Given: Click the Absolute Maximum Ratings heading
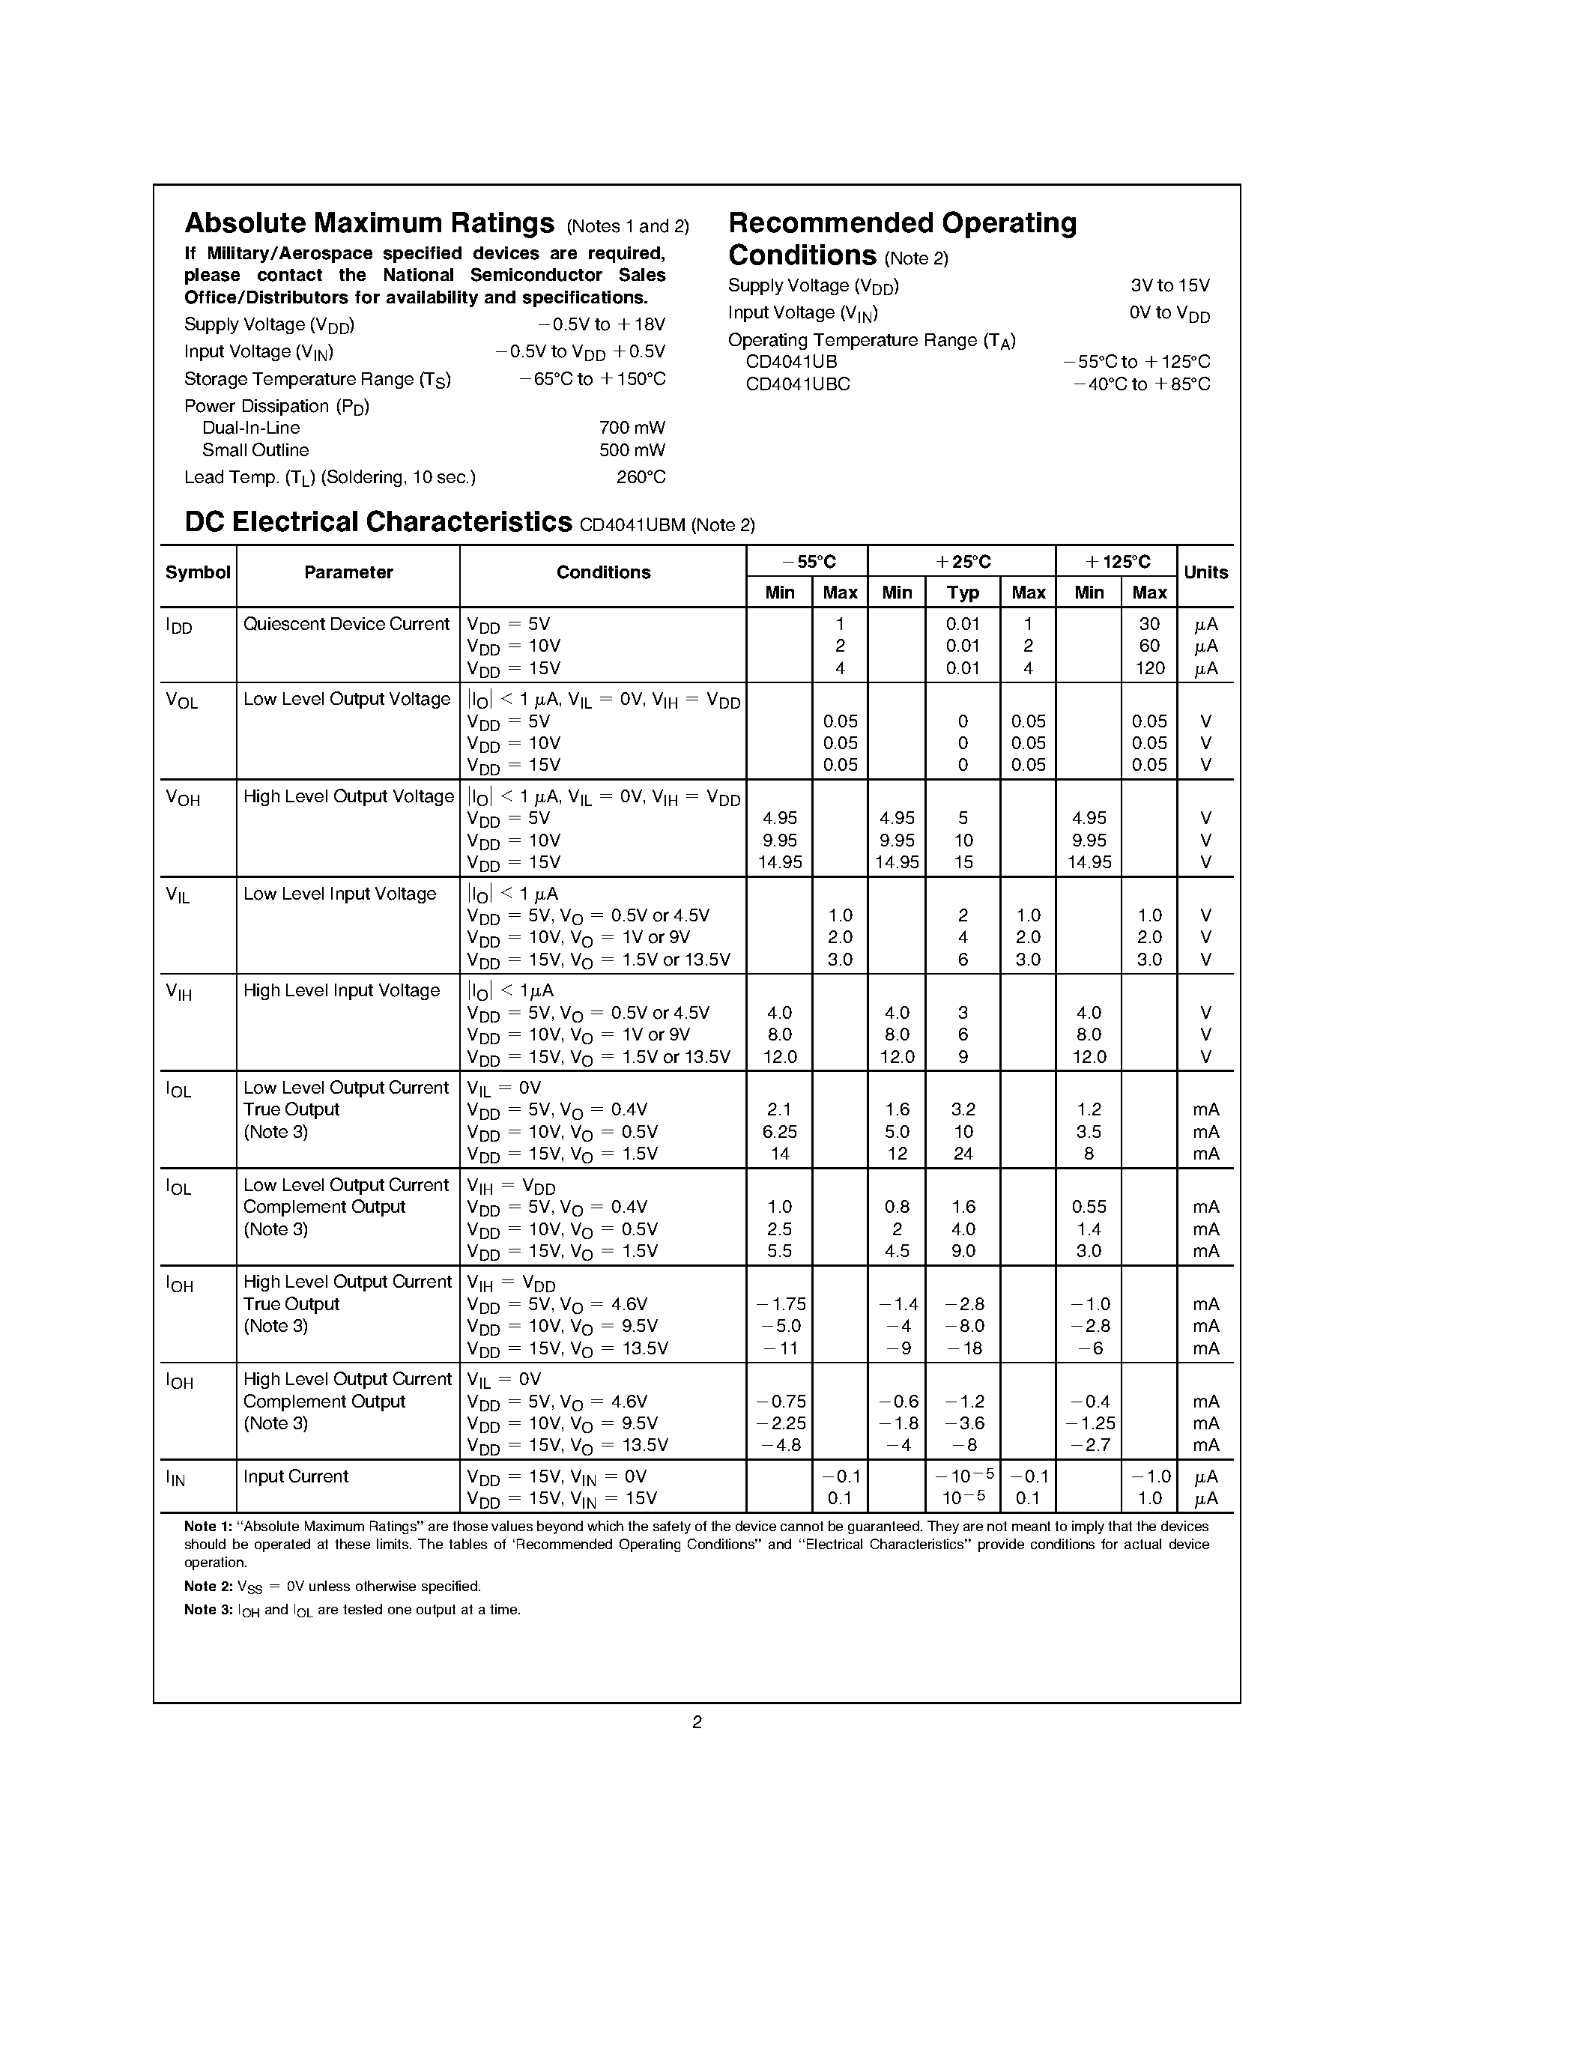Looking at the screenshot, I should coord(369,223).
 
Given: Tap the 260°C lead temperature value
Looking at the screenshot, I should coord(641,477).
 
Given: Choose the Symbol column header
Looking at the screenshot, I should coord(197,572).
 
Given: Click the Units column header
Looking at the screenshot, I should coord(1205,572).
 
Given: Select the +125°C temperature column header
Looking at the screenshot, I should coord(1117,562).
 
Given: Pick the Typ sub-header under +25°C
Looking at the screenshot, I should coord(962,593).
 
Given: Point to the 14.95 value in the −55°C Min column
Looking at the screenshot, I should coord(779,863).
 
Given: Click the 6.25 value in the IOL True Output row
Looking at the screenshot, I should coord(779,1132).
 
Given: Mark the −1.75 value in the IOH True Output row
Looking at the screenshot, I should coord(781,1304).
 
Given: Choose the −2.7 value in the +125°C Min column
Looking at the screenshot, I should coord(1090,1445).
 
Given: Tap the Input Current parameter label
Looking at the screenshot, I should coord(295,1477).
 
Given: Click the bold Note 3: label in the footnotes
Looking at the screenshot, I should coord(208,1610).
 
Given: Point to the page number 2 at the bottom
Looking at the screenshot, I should coord(697,1722).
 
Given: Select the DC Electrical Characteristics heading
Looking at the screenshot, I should coord(378,523).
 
